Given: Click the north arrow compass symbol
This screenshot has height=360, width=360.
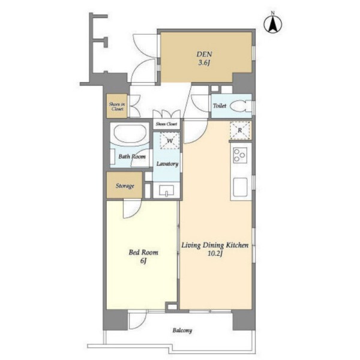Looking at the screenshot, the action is (273, 24).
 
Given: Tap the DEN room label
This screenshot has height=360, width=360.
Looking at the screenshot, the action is (204, 55).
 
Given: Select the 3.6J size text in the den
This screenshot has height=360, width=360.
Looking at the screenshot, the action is (204, 63).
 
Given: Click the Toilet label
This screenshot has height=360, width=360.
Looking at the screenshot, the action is (220, 106).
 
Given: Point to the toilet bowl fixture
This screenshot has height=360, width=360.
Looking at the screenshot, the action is (241, 106).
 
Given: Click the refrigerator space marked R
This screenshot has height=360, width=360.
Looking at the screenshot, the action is (240, 130).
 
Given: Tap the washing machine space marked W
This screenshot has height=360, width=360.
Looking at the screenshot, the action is (170, 141).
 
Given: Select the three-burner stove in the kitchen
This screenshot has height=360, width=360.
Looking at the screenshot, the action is (239, 155).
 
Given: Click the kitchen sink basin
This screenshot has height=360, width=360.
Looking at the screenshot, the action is (240, 187).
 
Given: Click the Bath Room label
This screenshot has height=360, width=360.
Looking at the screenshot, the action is (132, 157).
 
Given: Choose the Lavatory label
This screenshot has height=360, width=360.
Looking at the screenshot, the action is (167, 164).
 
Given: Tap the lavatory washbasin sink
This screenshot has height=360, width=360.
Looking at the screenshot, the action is (167, 190).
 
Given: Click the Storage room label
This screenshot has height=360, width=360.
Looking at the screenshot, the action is (125, 186).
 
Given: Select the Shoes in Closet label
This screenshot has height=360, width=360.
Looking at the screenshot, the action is (117, 107).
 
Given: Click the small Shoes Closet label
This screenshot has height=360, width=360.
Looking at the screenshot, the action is (166, 124).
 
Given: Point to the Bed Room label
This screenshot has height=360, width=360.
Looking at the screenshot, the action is (143, 253).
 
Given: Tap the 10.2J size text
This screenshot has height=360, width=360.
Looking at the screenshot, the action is (215, 254).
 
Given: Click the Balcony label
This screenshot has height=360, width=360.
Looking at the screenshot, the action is (182, 331).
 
